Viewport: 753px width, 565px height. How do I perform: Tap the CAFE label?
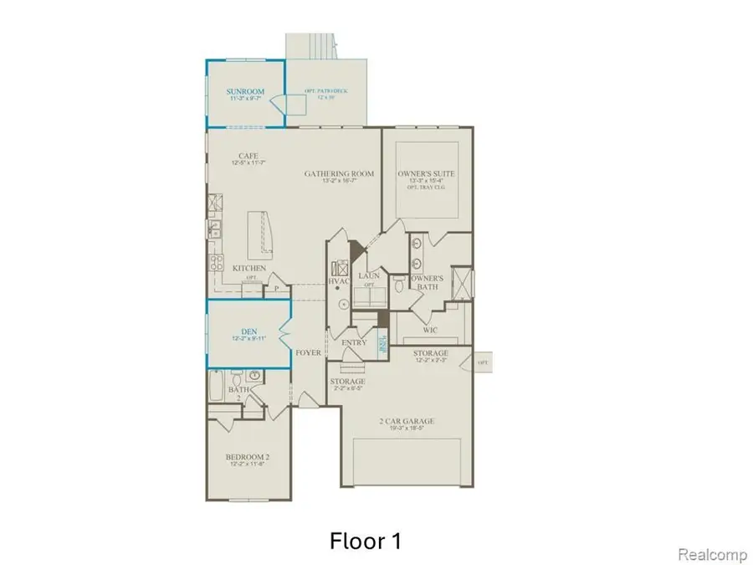pos(247,156)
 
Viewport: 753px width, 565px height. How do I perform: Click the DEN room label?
pos(247,331)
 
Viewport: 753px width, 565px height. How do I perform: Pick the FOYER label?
pos(309,353)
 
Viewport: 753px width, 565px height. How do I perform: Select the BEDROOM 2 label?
pos(246,457)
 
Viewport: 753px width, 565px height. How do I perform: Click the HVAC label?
pos(338,282)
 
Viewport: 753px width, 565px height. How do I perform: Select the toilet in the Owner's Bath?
pos(401,287)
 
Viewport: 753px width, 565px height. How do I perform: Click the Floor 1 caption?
pos(364,541)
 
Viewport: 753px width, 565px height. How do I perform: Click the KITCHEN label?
pos(249,269)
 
